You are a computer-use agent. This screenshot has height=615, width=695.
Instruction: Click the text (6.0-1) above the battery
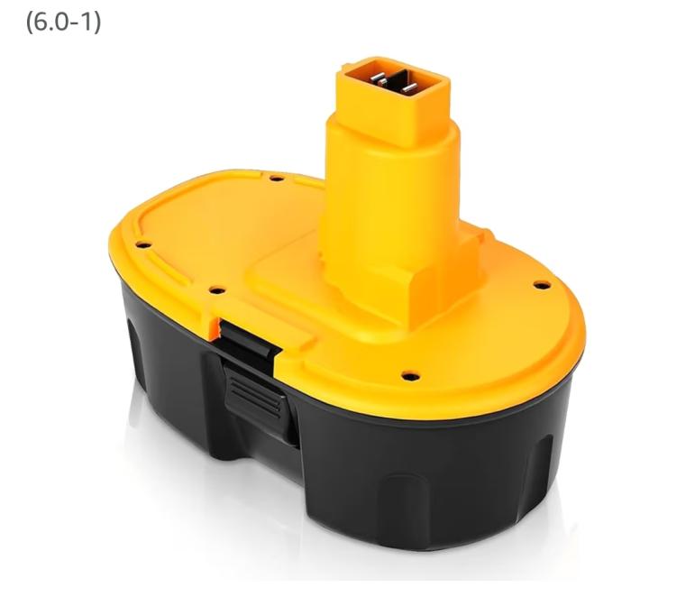63,23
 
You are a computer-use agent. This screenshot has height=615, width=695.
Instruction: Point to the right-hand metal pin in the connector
410,87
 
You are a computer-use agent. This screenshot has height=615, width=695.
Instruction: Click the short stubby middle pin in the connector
382,82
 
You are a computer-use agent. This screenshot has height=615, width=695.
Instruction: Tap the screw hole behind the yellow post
277,179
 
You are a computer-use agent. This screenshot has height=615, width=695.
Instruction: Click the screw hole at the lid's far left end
143,244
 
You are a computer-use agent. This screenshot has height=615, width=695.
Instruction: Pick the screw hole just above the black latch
217,291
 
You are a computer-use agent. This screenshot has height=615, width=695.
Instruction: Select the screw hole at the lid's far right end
542,285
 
